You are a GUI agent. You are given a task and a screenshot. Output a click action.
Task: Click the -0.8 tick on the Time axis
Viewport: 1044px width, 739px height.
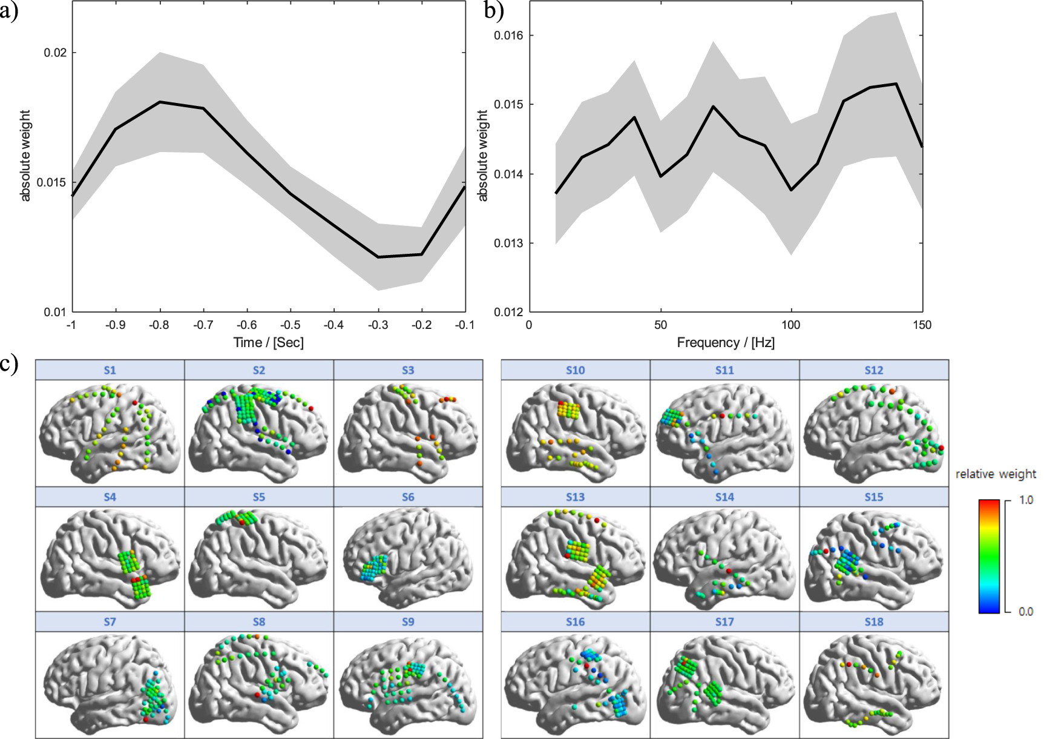159,325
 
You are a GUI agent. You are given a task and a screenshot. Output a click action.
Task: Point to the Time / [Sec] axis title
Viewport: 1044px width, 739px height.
269,343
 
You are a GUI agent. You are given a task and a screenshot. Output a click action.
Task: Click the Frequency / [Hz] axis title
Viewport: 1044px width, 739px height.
726,343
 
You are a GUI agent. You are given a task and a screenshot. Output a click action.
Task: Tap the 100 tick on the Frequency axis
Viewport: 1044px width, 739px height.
791,325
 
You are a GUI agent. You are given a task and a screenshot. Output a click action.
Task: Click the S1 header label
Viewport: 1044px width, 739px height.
110,370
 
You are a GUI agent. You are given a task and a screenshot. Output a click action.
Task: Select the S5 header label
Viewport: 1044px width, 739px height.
259,497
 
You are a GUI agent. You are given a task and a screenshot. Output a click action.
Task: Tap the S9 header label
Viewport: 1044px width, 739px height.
408,622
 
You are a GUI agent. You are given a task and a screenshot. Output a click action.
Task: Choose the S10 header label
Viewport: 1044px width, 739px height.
576,370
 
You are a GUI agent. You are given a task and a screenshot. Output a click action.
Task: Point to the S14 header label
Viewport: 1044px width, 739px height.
724,497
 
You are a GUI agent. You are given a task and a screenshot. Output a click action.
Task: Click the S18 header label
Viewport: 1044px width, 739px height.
874,622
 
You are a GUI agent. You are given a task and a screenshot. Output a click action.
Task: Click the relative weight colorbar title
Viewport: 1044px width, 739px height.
996,474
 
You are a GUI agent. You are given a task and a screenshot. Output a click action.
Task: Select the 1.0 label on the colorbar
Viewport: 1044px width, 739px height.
1026,500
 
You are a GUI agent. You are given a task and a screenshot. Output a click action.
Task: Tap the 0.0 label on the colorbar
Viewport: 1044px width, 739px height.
1026,611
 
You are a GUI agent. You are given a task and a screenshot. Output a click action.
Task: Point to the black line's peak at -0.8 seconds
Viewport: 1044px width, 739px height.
160,102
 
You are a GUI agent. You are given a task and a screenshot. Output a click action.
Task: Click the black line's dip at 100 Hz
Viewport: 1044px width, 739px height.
791,190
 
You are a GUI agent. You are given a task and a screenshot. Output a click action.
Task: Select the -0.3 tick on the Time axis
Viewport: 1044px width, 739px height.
378,325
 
